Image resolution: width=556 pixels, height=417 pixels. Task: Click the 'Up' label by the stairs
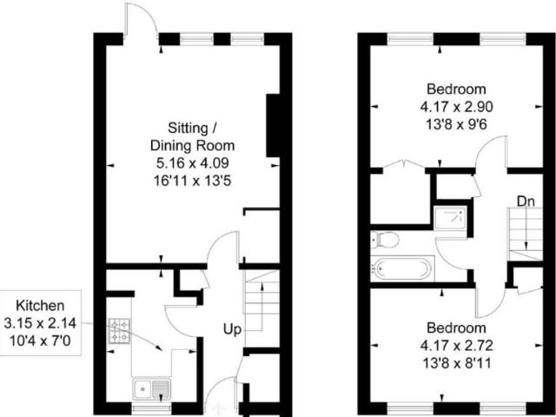coord(232,330)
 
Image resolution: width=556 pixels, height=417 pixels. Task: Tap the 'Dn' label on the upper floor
coord(525,202)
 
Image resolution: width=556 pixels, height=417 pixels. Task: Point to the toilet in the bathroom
coord(385,239)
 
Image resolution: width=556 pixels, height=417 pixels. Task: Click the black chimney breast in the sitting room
coord(273,125)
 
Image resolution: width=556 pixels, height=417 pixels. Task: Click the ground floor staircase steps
coord(261,299)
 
